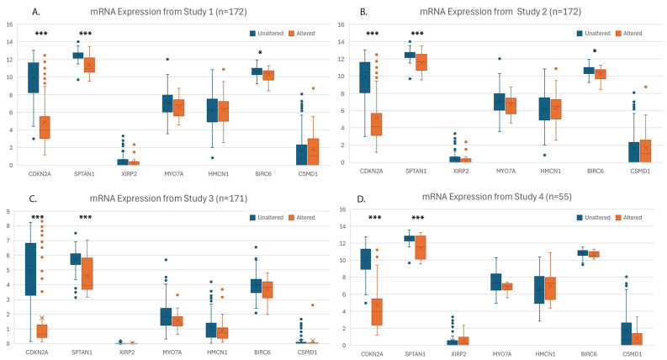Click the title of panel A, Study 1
click(168, 12)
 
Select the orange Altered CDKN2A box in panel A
click(45, 127)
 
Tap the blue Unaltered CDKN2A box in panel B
click(364, 77)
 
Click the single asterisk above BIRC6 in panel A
click(261, 53)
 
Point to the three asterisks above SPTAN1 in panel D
click(418, 218)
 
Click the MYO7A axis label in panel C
click(172, 352)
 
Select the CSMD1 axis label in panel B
click(640, 171)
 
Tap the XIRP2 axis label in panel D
click(458, 354)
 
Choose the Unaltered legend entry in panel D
click(594, 218)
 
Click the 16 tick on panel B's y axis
click(341, 24)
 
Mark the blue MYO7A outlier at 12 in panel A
click(167, 60)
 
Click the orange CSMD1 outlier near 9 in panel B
click(645, 87)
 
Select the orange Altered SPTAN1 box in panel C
click(87, 273)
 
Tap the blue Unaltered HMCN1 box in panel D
click(539, 290)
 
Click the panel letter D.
click(361, 199)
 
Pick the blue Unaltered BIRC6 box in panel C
click(256, 286)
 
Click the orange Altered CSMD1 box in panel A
click(313, 152)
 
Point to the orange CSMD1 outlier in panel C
click(313, 305)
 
